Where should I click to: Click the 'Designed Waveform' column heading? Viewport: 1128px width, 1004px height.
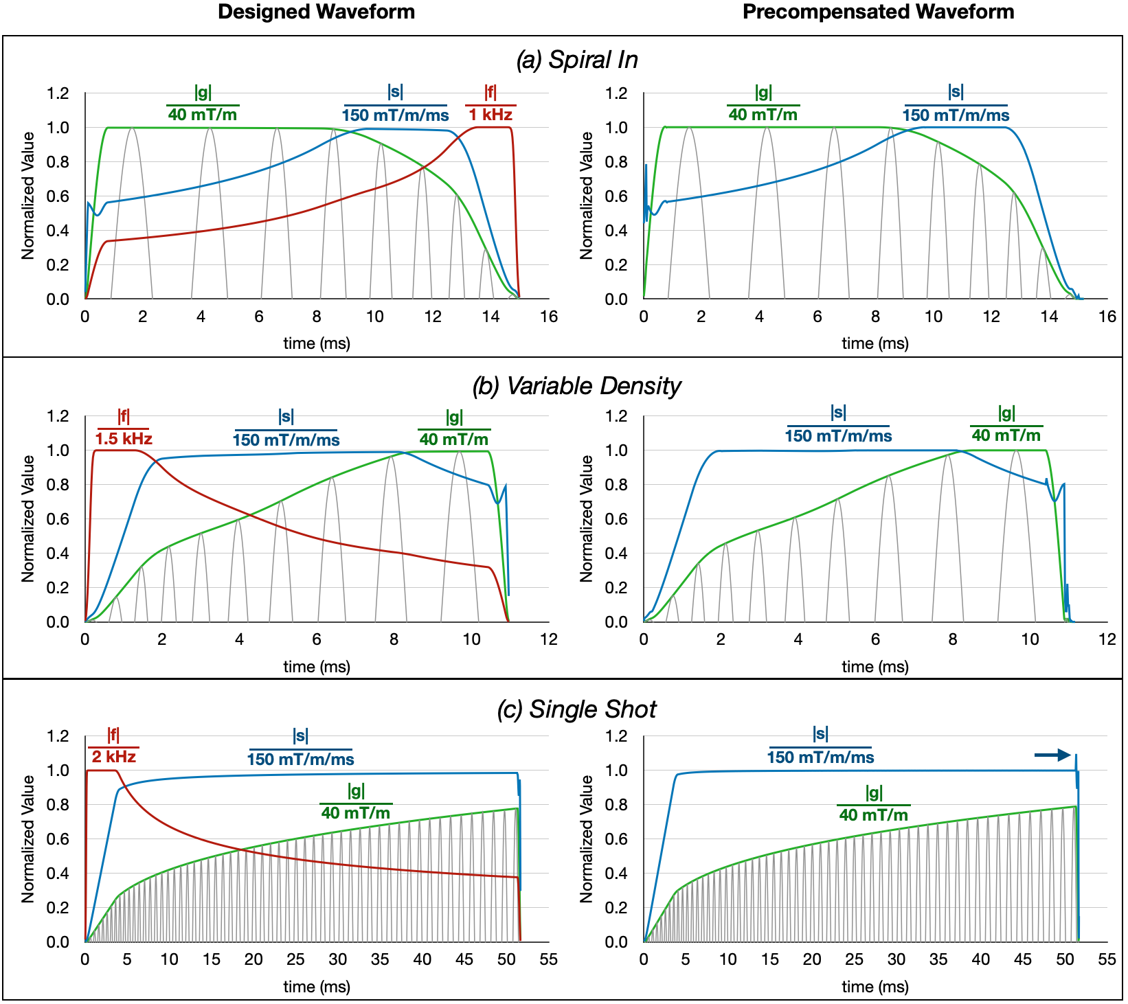tap(316, 12)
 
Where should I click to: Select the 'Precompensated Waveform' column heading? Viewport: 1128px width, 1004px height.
tap(878, 12)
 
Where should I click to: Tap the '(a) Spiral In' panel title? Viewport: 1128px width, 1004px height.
tap(577, 60)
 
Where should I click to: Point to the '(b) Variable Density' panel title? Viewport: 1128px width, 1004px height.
tap(576, 386)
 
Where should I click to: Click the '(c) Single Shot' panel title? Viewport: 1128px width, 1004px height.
tap(576, 709)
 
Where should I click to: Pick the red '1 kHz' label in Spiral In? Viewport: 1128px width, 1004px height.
tap(490, 115)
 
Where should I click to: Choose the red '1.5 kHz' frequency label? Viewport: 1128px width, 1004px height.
tap(124, 439)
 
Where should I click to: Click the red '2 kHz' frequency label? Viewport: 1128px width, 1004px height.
tap(114, 757)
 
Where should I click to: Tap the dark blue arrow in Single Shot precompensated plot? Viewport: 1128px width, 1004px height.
tap(1052, 755)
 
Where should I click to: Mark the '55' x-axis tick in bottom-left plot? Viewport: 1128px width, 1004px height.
tap(548, 960)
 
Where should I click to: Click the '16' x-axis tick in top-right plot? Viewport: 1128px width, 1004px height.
tap(1107, 317)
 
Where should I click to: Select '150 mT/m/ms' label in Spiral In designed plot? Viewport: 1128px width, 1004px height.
tap(395, 115)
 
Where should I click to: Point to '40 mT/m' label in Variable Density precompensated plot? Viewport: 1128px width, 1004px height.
tap(1006, 435)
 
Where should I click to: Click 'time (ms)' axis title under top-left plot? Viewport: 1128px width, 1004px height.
tap(317, 343)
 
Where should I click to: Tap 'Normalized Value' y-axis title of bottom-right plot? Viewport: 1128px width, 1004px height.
tap(586, 838)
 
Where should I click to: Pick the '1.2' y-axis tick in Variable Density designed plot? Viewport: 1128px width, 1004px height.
tap(58, 416)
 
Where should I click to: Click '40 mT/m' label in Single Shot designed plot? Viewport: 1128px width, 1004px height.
tap(356, 813)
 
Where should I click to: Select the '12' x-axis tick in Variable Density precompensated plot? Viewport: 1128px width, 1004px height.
tap(1107, 639)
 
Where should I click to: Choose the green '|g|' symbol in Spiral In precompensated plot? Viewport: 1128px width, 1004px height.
tap(763, 93)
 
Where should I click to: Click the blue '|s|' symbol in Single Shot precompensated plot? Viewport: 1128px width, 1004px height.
tap(820, 734)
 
